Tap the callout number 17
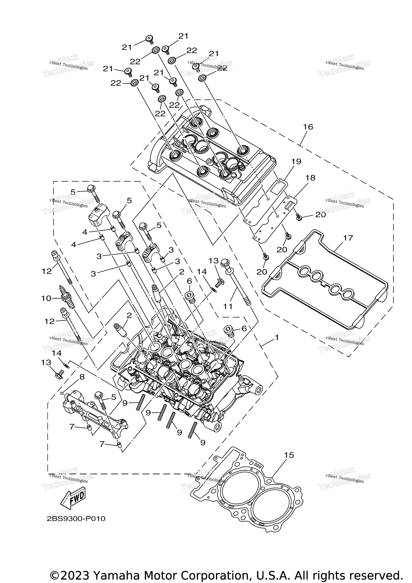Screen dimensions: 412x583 pos(348,238)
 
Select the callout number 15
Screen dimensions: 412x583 pos(289,455)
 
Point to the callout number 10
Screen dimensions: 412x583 pos(46,298)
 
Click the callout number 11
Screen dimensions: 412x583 pos(228,307)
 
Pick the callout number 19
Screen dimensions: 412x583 pos(296,162)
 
